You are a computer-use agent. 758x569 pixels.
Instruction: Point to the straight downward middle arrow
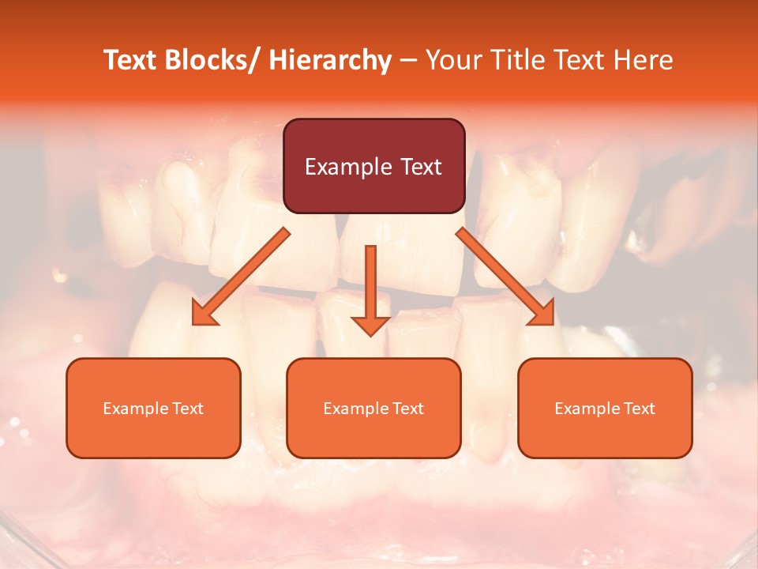(370, 284)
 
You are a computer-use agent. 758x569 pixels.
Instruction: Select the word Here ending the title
(644, 60)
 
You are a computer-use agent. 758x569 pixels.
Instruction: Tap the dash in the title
(408, 60)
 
